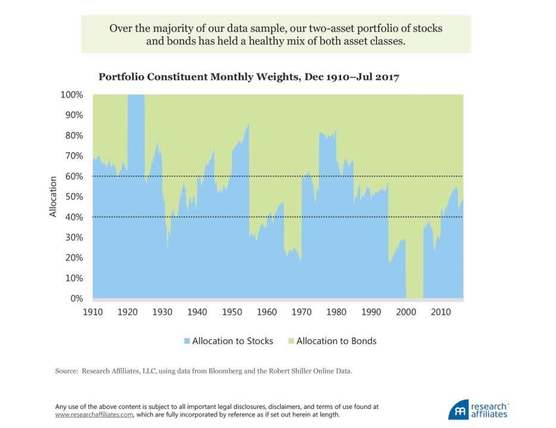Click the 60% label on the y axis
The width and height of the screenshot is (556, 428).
(73, 177)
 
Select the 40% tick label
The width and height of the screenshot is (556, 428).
(73, 218)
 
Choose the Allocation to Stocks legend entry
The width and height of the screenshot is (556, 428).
(232, 341)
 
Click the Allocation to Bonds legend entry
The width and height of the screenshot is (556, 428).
(336, 341)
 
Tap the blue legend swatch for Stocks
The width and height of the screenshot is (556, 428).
(187, 341)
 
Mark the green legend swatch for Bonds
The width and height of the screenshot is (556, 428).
(291, 341)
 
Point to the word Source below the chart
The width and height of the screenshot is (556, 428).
(67, 371)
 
